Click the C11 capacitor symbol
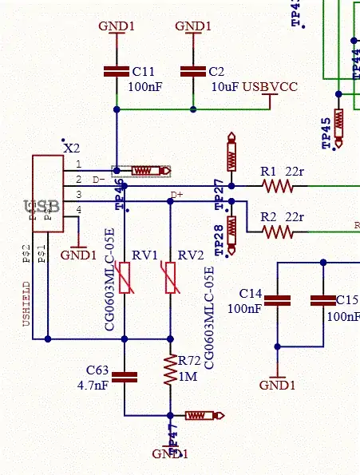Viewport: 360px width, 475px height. click(117, 72)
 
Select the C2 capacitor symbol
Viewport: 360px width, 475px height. click(192, 72)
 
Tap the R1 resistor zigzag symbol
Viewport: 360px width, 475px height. click(278, 186)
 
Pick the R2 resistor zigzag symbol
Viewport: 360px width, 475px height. click(278, 232)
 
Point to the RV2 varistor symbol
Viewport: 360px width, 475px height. click(170, 277)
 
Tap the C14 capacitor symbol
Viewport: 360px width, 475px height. click(278, 301)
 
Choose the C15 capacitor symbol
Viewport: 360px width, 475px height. click(323, 301)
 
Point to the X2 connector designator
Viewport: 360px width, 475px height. click(72, 148)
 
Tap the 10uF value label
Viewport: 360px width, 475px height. click(225, 85)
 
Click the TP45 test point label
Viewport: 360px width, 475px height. click(326, 132)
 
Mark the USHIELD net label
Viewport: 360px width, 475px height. click(26, 303)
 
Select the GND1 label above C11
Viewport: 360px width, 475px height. click(117, 26)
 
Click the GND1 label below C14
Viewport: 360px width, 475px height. click(277, 385)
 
